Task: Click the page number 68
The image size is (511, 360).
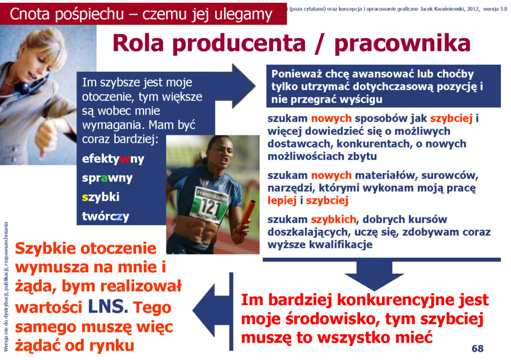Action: coord(478,349)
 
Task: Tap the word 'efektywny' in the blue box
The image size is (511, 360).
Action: coord(113,159)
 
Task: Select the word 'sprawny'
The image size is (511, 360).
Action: coord(107,178)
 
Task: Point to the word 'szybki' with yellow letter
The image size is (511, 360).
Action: coord(101,197)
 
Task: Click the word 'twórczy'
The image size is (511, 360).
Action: coord(106,216)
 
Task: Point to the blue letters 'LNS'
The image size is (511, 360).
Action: coord(106,306)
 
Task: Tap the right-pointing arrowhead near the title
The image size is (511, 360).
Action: coord(244,86)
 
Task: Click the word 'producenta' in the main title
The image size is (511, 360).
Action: coord(239,43)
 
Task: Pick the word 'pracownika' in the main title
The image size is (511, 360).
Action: coord(402,43)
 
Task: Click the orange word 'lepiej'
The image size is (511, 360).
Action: coord(282,200)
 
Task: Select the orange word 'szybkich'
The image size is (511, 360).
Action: coord(333,220)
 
